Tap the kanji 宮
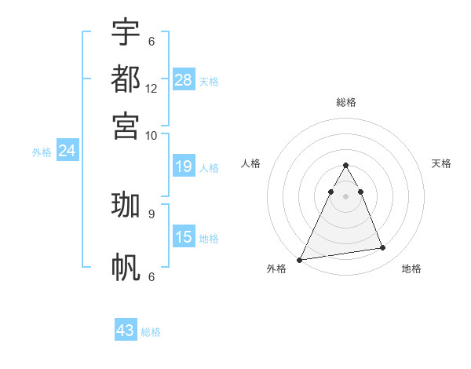[126, 126]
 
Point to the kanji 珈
[126, 206]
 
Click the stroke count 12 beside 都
[152, 89]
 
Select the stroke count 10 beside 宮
[152, 135]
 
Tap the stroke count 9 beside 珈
[152, 213]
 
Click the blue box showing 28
[184, 79]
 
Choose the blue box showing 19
[184, 166]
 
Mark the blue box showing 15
[184, 236]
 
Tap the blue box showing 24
[67, 151]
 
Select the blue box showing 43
[126, 331]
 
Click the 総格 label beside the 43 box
[151, 332]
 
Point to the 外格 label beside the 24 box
[42, 152]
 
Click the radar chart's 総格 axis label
[346, 102]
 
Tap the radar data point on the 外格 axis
[300, 260]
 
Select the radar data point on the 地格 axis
[383, 248]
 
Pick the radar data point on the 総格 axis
[346, 166]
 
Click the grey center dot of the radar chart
[346, 195]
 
